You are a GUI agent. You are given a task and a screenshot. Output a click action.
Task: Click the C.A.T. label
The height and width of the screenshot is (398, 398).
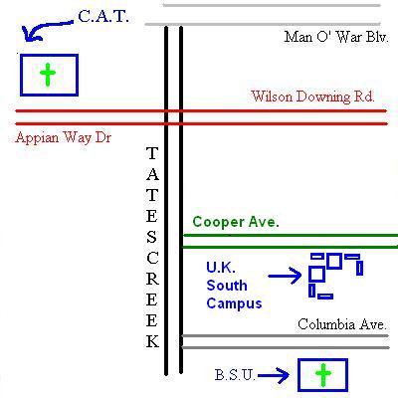pyautogui.click(x=103, y=16)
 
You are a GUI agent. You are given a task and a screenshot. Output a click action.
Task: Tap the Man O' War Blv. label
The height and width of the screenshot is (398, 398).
pyautogui.click(x=336, y=37)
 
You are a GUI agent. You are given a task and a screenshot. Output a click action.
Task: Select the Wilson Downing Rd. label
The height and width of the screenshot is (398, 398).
pyautogui.click(x=312, y=97)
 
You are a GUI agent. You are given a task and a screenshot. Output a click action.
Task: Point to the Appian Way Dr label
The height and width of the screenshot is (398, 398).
pyautogui.click(x=63, y=137)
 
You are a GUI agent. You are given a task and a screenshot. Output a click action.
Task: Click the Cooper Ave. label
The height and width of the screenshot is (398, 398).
pyautogui.click(x=236, y=222)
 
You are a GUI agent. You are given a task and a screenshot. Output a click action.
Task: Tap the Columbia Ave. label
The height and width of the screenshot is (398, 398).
pyautogui.click(x=342, y=324)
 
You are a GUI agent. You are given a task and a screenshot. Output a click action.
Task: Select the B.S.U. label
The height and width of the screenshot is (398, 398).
pyautogui.click(x=235, y=375)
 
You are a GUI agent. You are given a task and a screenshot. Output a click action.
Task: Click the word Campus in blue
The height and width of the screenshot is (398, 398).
pyautogui.click(x=234, y=303)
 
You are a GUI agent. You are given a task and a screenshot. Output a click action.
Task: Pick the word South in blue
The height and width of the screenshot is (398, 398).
pyautogui.click(x=227, y=286)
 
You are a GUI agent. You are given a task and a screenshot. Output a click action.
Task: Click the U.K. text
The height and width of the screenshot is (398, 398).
pyautogui.click(x=221, y=268)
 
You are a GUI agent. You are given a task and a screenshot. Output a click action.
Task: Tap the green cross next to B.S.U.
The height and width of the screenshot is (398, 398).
pyautogui.click(x=323, y=375)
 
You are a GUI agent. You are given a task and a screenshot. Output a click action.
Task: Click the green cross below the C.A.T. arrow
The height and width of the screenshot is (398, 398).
pyautogui.click(x=48, y=75)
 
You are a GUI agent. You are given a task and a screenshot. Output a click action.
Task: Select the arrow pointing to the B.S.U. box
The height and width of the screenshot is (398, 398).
pyautogui.click(x=274, y=375)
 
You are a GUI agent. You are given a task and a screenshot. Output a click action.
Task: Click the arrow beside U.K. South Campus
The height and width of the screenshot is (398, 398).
pyautogui.click(x=285, y=276)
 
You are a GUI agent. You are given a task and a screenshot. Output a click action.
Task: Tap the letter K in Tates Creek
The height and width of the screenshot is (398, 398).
pyautogui.click(x=152, y=341)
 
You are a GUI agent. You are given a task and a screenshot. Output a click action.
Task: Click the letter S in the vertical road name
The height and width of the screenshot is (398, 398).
pyautogui.click(x=151, y=237)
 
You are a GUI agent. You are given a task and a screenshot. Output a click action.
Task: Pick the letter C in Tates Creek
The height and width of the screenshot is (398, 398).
pyautogui.click(x=152, y=258)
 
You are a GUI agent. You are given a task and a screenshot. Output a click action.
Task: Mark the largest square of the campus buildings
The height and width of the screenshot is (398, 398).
pyautogui.click(x=316, y=274)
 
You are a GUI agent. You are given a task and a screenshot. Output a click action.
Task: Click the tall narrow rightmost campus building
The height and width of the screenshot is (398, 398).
pyautogui.click(x=359, y=268)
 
